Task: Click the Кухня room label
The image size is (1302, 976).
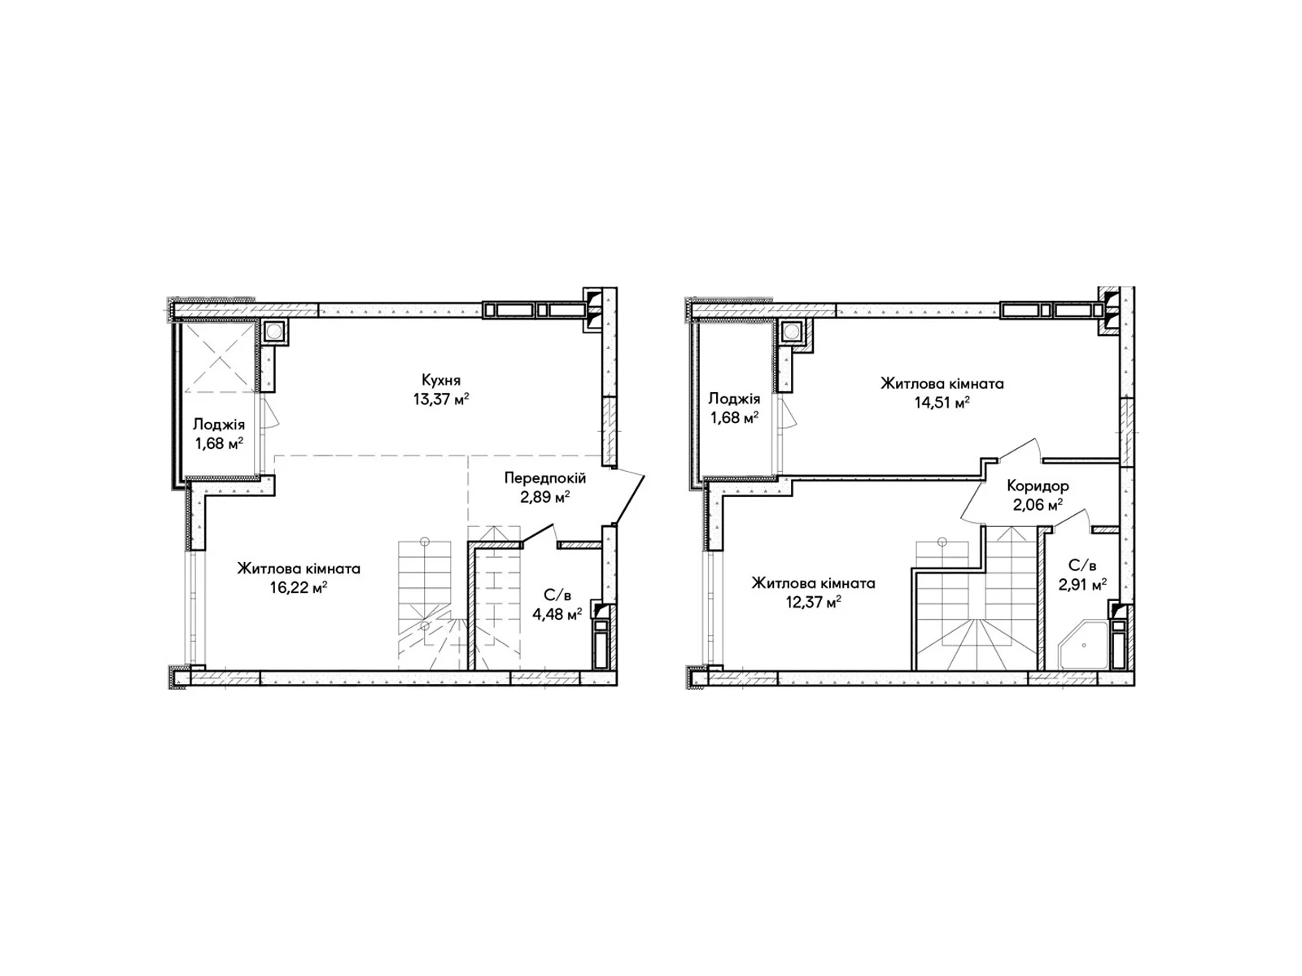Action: [x=441, y=380]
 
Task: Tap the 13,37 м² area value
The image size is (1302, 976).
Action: [x=441, y=399]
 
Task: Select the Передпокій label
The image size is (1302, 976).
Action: [x=544, y=477]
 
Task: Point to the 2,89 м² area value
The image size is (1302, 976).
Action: [x=544, y=497]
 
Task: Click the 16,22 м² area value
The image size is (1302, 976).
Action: [x=299, y=588]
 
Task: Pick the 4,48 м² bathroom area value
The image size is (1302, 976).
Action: [x=557, y=615]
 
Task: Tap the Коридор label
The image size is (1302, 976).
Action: [x=1038, y=486]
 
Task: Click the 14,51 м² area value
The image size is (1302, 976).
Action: [x=942, y=403]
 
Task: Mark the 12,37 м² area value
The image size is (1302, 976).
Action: [x=813, y=603]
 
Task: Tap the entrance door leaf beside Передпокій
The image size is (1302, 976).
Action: [x=629, y=498]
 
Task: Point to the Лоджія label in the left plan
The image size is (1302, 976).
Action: [x=219, y=425]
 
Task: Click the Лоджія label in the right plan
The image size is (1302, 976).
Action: [x=734, y=399]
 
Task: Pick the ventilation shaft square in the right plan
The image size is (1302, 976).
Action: [x=791, y=333]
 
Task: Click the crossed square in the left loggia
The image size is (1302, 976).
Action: [x=220, y=356]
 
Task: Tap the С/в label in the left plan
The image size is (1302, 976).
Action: [x=557, y=595]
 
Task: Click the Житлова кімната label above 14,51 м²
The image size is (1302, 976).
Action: [x=942, y=384]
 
